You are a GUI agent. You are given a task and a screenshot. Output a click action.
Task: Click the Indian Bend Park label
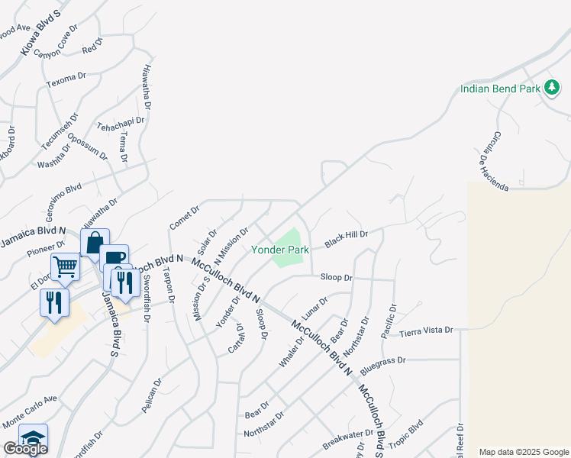tap(501, 89)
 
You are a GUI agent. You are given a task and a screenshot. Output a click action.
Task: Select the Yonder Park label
tap(280, 250)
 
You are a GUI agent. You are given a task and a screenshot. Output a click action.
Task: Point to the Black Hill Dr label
tap(347, 239)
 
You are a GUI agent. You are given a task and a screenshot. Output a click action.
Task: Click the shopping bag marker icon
tap(95, 243)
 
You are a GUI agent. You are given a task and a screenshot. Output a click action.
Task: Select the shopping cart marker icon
tap(66, 266)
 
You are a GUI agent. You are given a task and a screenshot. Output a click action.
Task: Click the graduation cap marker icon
tap(33, 437)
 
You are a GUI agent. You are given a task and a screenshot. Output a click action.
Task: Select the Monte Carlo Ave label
tap(30, 411)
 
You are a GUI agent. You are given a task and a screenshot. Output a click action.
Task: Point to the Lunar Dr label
tap(314, 308)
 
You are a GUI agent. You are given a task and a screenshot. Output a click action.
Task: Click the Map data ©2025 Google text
tap(524, 452)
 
